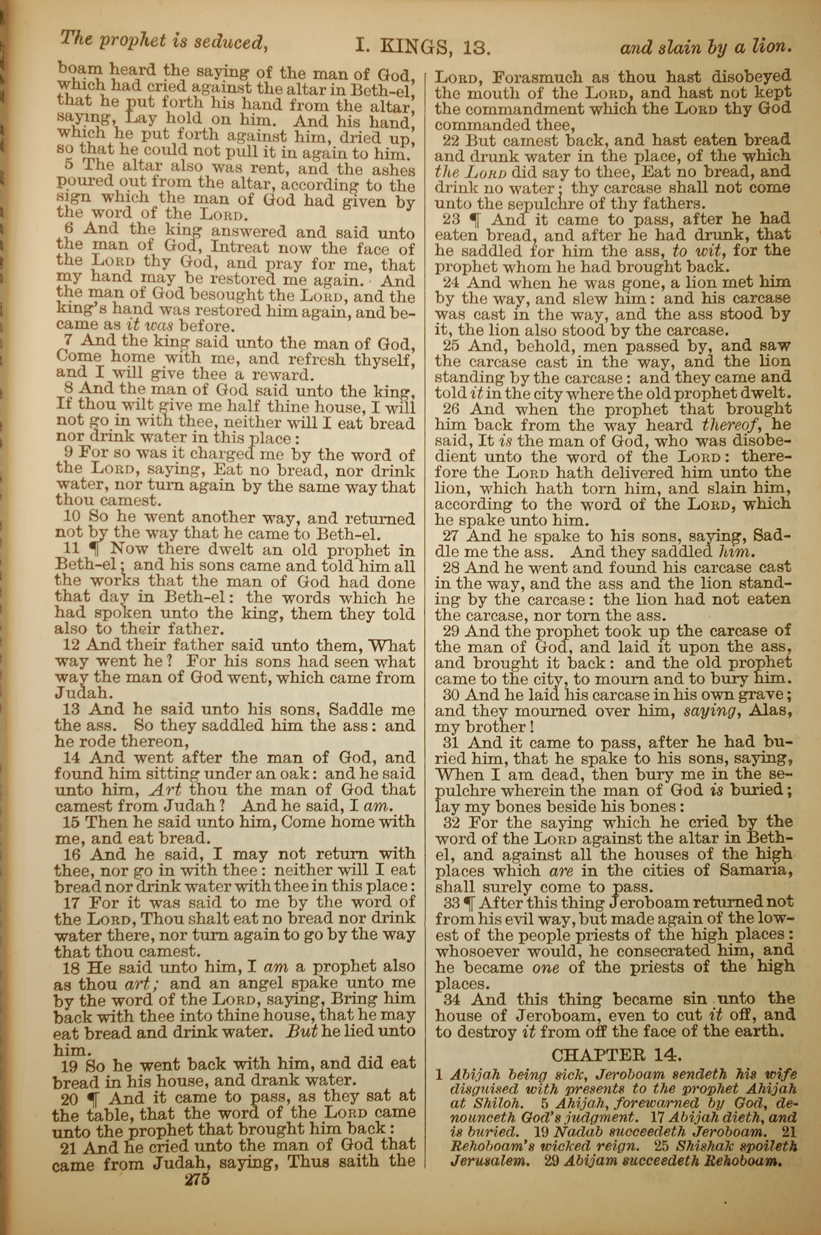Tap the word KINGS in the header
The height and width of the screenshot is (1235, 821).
tap(414, 48)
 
